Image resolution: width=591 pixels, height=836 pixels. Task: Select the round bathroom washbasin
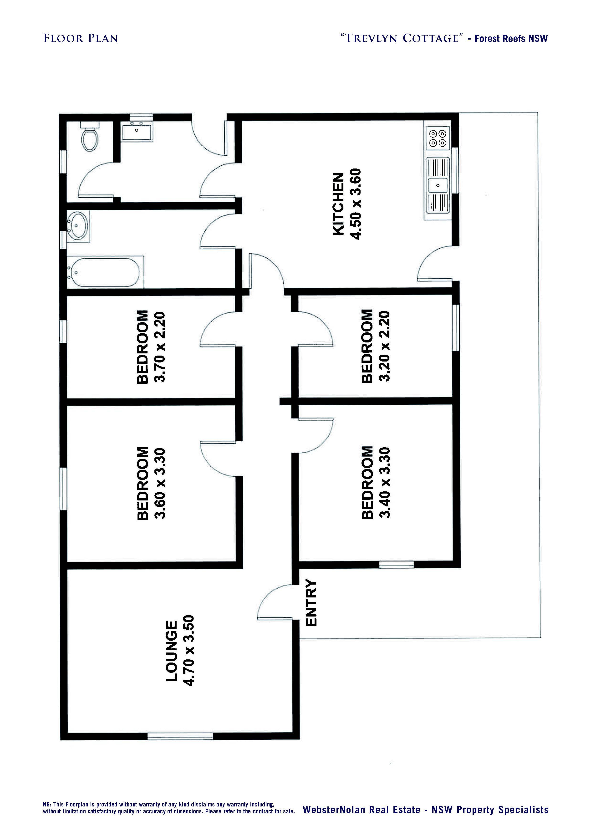(x=77, y=226)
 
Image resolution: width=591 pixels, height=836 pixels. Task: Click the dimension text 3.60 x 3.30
(x=160, y=483)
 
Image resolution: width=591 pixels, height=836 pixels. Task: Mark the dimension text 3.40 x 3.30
(x=385, y=483)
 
